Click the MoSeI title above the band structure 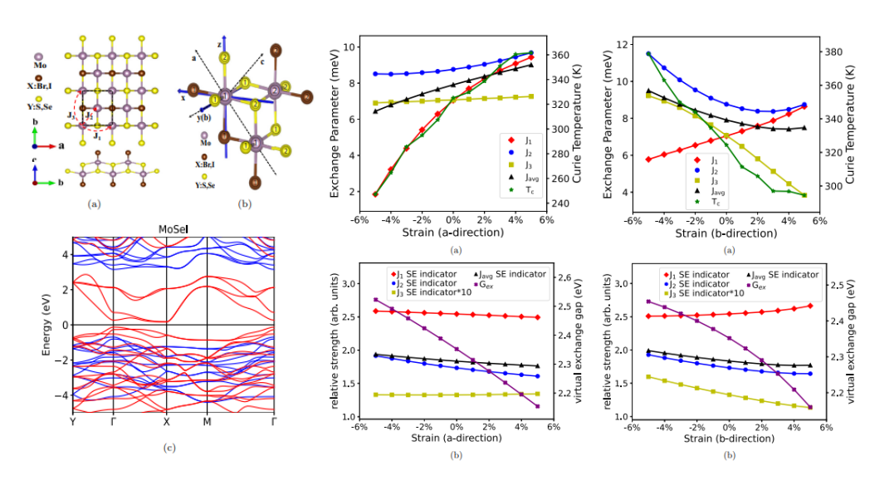[x=174, y=229]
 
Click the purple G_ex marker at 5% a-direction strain [x=537, y=406]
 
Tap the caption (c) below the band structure [x=170, y=448]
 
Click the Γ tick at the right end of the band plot [x=274, y=420]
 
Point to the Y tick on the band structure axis [x=74, y=420]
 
